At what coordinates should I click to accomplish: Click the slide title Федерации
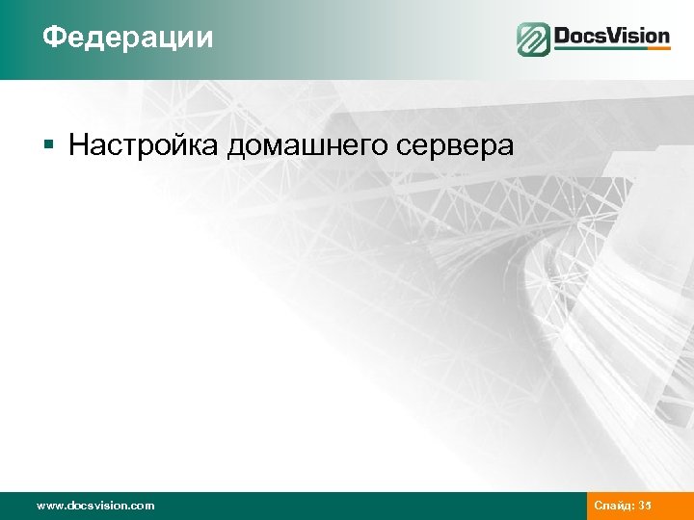(x=128, y=38)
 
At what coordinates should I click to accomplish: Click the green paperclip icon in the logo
(x=533, y=39)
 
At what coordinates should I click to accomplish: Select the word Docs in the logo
(x=583, y=37)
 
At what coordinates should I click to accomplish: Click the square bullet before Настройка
(x=48, y=146)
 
